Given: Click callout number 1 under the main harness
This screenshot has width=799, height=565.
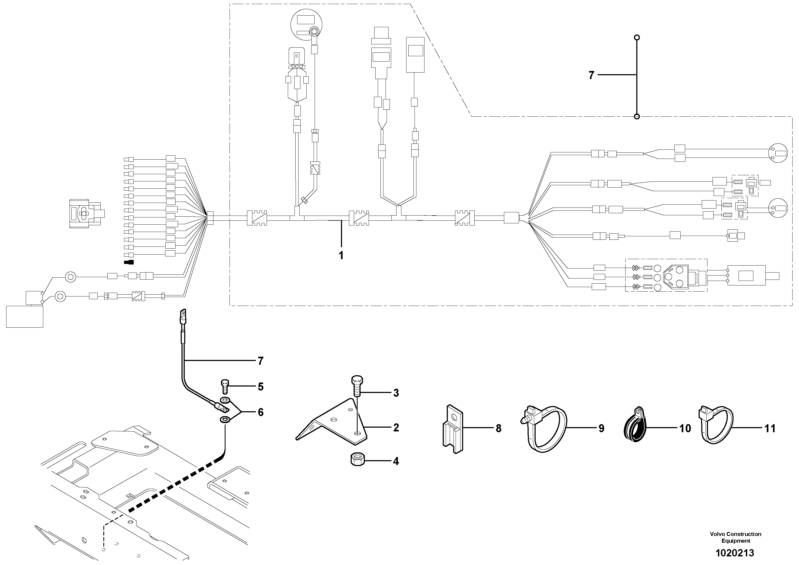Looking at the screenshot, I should click(341, 255).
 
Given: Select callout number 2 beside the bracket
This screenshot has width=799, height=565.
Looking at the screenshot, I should click(396, 427).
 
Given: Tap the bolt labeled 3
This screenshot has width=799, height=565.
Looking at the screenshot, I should click(357, 385).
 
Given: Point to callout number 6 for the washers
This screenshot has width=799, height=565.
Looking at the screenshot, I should click(261, 412).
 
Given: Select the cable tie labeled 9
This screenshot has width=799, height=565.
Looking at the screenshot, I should click(545, 429).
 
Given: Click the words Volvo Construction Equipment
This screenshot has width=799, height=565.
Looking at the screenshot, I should click(736, 537).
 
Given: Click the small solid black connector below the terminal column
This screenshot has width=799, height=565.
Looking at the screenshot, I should click(129, 262).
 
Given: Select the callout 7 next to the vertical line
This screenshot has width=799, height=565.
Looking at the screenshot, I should click(591, 75).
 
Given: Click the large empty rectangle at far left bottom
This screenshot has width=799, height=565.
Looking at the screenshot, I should click(25, 316).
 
